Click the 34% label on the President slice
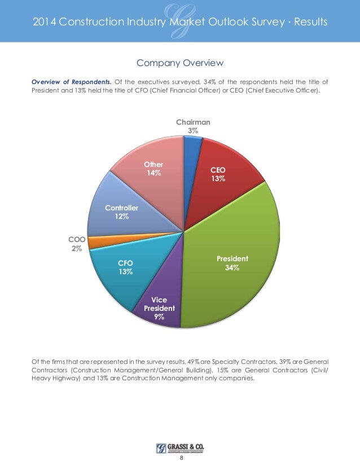pyautogui.click(x=232, y=268)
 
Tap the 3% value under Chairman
pyautogui.click(x=193, y=130)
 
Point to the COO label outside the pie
pyautogui.click(x=76, y=240)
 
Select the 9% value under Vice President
pyautogui.click(x=159, y=318)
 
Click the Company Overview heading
pyautogui.click(x=180, y=62)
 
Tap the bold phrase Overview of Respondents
pyautogui.click(x=71, y=81)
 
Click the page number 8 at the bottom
pyautogui.click(x=181, y=458)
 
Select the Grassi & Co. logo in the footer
pyautogui.click(x=180, y=448)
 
